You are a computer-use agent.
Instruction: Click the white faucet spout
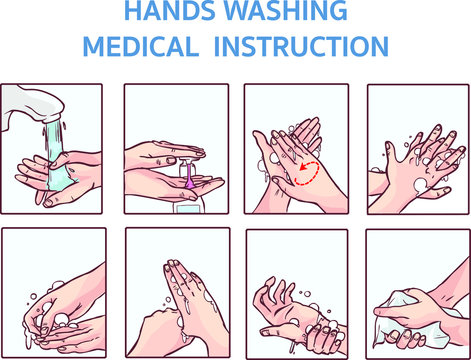[30, 104]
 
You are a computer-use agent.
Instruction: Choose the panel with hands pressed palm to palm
[175, 291]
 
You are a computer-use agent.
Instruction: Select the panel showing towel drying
[418, 291]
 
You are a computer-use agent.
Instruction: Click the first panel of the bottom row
[53, 291]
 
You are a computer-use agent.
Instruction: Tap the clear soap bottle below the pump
[186, 206]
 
